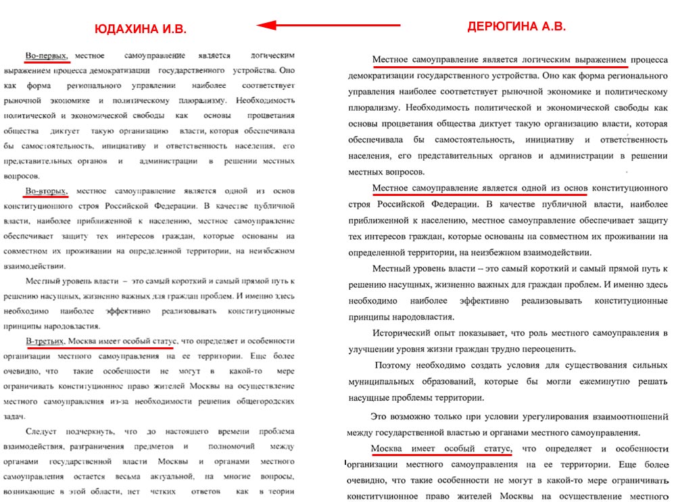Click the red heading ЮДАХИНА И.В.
tap(140, 29)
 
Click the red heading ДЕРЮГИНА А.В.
tap(516, 27)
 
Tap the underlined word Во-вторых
tap(46, 191)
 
